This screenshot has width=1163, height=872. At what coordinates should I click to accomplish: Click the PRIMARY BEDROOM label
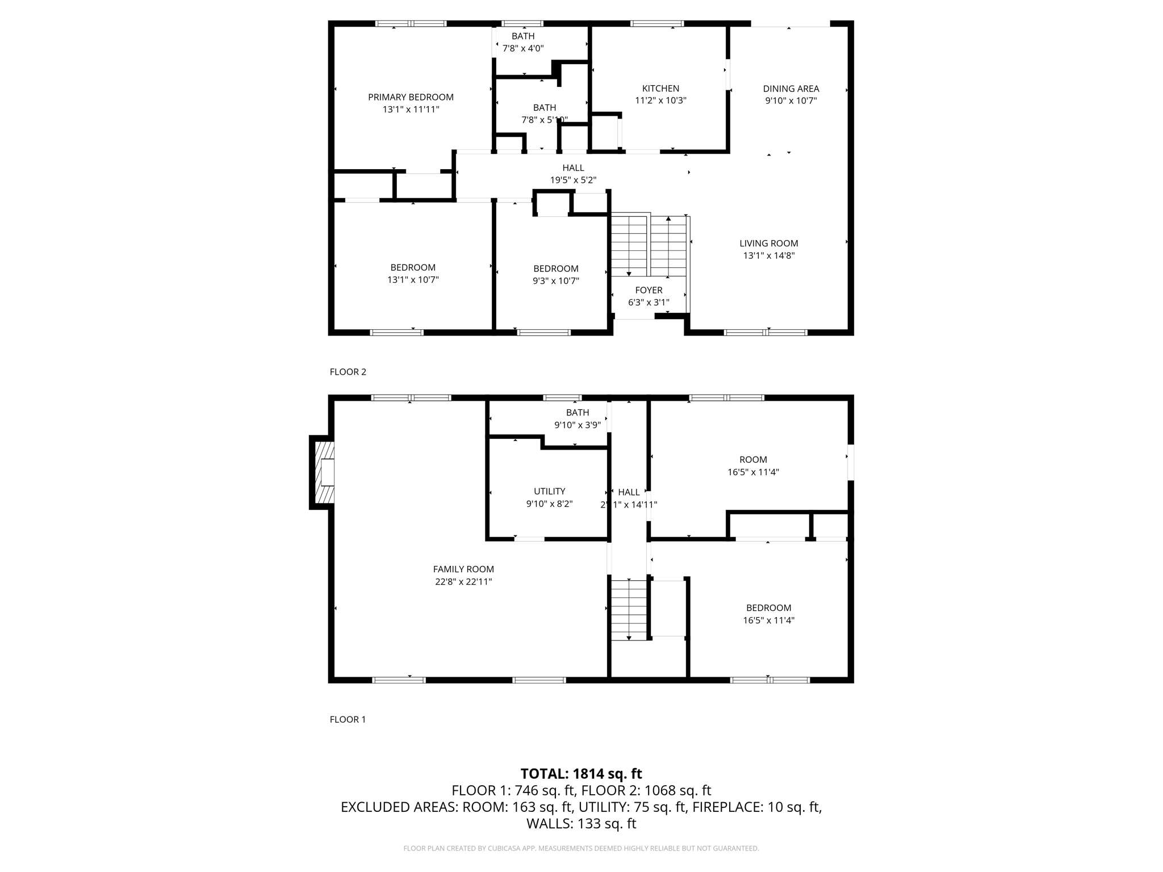[x=411, y=97]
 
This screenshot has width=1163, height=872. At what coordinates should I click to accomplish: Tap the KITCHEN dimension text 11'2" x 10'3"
[x=660, y=100]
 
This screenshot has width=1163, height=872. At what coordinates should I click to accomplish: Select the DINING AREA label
[x=790, y=89]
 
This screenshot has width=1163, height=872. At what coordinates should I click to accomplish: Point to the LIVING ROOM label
[x=768, y=243]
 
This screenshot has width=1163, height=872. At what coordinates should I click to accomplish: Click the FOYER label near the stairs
[x=649, y=290]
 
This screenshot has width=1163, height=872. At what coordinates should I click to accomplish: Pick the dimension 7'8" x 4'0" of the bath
[x=523, y=48]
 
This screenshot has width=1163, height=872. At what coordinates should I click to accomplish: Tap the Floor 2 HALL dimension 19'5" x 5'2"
[x=573, y=180]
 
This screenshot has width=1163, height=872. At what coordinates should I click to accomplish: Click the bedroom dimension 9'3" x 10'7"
[x=555, y=280]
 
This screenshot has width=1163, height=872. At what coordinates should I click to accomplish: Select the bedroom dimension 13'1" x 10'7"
[x=413, y=279]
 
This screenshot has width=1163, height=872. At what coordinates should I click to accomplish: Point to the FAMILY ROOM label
[x=463, y=569]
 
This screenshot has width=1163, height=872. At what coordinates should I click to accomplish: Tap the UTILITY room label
[x=549, y=491]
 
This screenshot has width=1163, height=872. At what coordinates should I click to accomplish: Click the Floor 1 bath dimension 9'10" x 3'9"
[x=577, y=425]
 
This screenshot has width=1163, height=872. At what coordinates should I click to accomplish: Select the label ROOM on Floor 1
[x=753, y=459]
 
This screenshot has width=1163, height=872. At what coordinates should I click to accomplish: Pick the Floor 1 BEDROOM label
[x=768, y=607]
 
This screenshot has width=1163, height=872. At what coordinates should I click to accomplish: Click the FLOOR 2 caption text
[x=348, y=372]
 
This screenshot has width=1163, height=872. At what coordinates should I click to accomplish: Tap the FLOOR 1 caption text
[x=348, y=719]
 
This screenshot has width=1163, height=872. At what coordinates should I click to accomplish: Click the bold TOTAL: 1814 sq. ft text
[x=581, y=773]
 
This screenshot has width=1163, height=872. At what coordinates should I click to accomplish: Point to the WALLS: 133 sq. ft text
[x=581, y=823]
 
